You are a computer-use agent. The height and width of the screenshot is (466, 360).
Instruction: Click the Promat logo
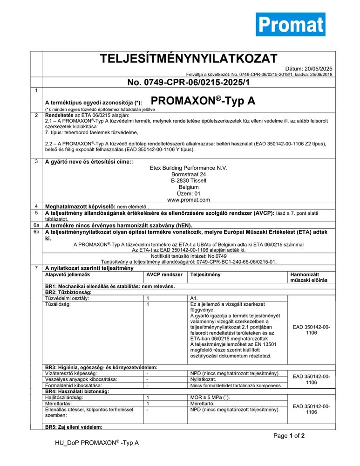(x=290, y=24)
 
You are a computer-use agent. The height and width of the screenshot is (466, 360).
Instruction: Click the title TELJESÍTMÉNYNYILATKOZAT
(x=189, y=59)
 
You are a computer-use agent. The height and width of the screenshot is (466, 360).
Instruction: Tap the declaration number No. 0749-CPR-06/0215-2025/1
(x=189, y=82)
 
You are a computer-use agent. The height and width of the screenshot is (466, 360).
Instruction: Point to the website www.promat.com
(x=189, y=200)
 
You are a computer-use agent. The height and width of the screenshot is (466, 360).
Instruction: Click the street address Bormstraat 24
(x=189, y=174)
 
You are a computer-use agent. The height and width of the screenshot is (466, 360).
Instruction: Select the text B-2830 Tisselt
(x=189, y=181)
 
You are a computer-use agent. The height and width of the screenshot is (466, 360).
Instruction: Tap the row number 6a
(x=36, y=225)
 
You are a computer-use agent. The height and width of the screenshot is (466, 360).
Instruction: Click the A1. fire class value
(x=195, y=298)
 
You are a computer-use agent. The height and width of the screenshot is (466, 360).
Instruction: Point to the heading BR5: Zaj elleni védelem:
(x=73, y=427)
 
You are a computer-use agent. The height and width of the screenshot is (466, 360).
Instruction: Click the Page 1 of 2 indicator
(x=289, y=436)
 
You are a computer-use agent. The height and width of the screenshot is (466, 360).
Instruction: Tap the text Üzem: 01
(x=189, y=193)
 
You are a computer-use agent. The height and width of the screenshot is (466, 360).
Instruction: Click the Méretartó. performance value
(x=202, y=404)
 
